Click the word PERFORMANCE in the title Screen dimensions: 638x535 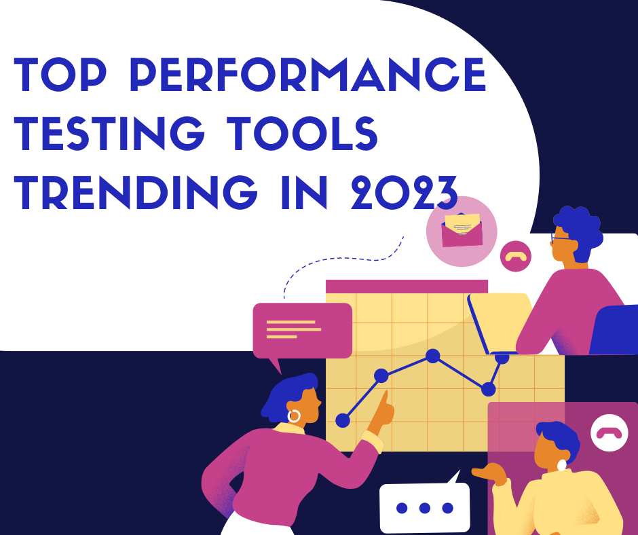point(308,75)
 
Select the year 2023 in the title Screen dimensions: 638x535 point(405,193)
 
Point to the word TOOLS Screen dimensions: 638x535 point(302,133)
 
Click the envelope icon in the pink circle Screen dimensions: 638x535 point(462,230)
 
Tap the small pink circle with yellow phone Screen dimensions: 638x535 point(516,256)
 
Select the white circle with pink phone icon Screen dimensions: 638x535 point(609,432)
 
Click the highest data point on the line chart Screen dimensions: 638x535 point(433,356)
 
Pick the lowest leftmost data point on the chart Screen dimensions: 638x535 point(343,420)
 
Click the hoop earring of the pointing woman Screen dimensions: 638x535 point(294,416)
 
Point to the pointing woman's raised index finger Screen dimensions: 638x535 point(383,399)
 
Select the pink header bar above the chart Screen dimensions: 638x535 point(407,287)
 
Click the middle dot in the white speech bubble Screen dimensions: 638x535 point(424,508)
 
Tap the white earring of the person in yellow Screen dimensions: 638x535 point(561,465)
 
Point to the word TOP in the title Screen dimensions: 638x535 point(60,75)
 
